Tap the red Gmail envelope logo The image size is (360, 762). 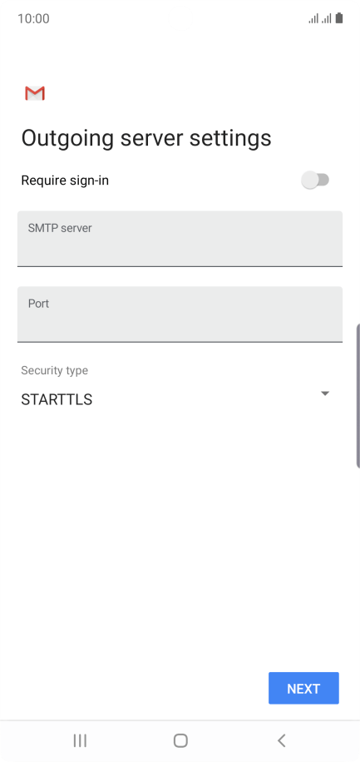coord(35,93)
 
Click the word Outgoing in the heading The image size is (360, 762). coord(67,138)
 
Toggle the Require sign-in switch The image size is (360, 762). coord(315,181)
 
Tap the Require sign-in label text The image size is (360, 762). coord(65,181)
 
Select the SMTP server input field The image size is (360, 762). coord(180,239)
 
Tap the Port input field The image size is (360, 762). coord(180,314)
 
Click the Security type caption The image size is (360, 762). coord(54,370)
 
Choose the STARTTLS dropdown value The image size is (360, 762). coord(57,399)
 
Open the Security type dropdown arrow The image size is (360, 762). coord(325,393)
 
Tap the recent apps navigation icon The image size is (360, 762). coord(80,740)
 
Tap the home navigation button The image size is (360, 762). coord(180,740)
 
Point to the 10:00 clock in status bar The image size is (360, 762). coord(33,19)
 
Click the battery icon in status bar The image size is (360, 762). coord(339,18)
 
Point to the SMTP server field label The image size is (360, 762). coord(60,228)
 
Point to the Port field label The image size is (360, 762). coord(38,304)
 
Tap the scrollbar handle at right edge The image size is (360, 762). coord(358,395)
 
